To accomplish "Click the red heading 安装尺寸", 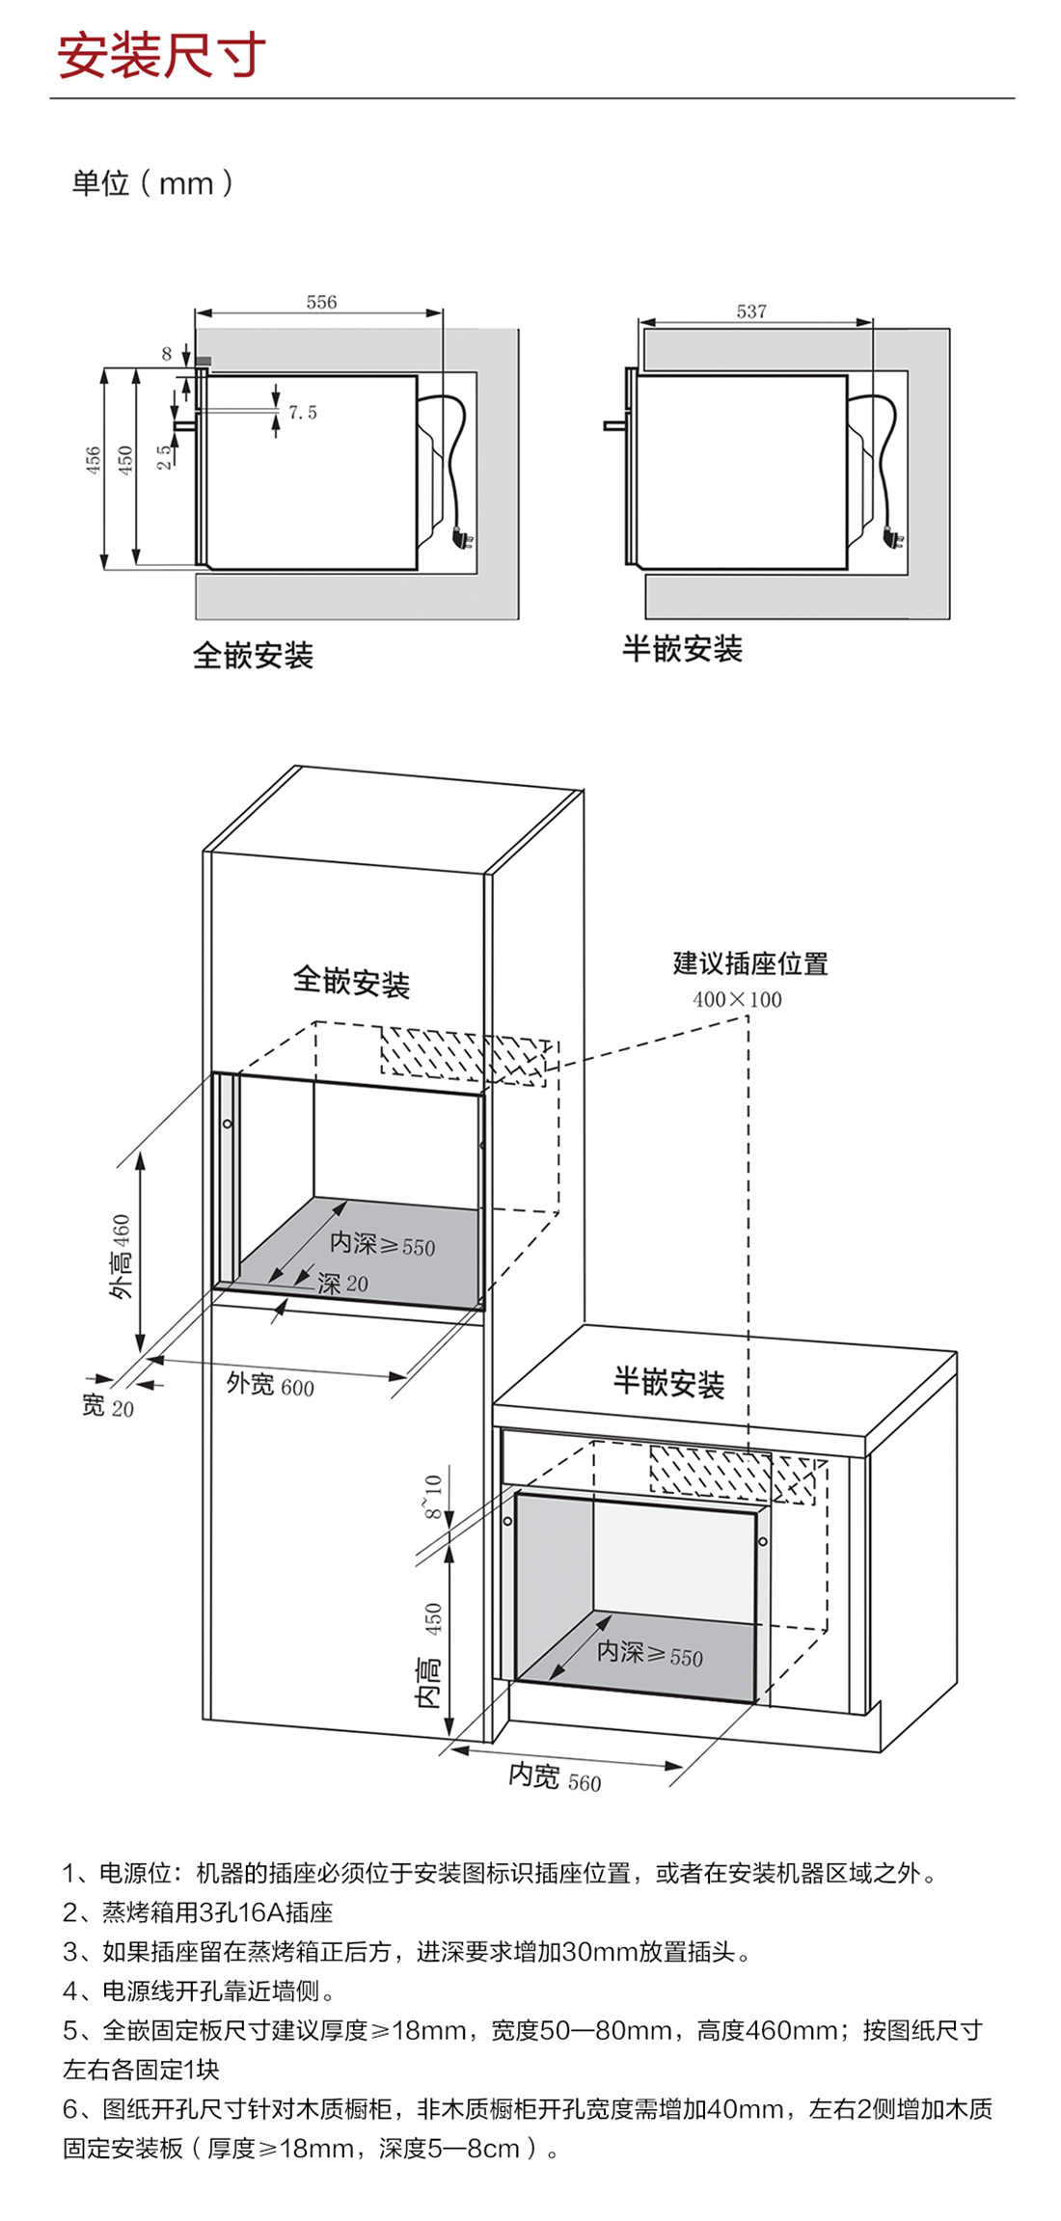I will [x=161, y=55].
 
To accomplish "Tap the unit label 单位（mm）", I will [x=152, y=182].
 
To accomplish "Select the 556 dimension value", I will [x=321, y=302].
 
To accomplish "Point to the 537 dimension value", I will [x=751, y=311].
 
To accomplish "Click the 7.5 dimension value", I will [x=303, y=413].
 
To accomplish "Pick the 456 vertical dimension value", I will [x=93, y=460].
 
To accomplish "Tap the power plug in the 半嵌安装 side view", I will [x=894, y=536].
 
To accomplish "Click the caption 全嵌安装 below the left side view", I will [x=253, y=656].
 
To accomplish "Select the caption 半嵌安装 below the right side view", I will [x=682, y=649].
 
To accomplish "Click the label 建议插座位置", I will [x=750, y=963].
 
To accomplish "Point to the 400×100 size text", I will [x=737, y=999].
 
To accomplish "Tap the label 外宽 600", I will [x=270, y=1385].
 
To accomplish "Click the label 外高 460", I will [x=121, y=1257].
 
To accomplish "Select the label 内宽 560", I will [x=555, y=1775].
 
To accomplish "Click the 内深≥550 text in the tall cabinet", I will [x=382, y=1245].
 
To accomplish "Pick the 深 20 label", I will [x=342, y=1284].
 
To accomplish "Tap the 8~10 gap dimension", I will [x=432, y=1496].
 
